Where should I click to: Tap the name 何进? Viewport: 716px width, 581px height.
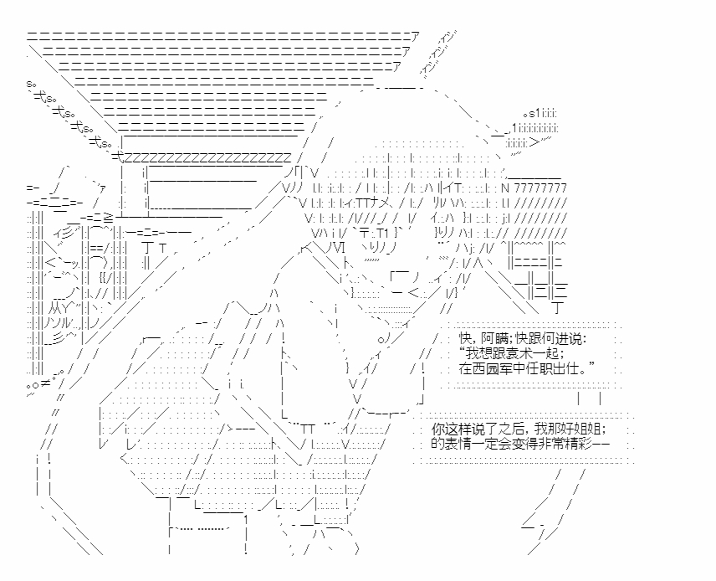pyautogui.click(x=553, y=338)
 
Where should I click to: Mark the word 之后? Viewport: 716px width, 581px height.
pyautogui.click(x=511, y=428)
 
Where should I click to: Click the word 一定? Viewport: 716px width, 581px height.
pyautogui.click(x=490, y=443)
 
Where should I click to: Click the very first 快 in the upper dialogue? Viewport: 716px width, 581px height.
pyautogui.click(x=466, y=338)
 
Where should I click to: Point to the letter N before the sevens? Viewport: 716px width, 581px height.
pyautogui.click(x=504, y=188)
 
